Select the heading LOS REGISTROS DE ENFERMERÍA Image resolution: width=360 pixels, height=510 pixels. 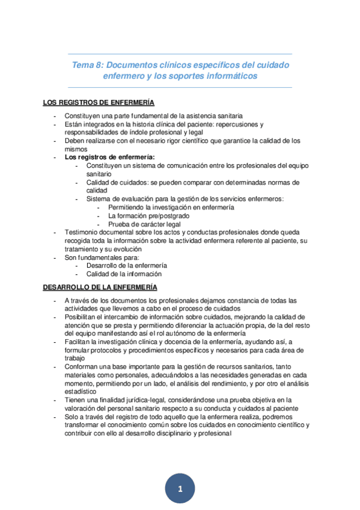(x=99, y=102)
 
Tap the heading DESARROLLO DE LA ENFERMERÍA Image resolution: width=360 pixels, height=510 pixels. (x=100, y=287)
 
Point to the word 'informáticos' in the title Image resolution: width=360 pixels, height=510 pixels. (x=230, y=76)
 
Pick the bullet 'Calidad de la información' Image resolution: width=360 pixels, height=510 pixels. (x=124, y=274)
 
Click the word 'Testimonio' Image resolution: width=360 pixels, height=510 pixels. (x=82, y=232)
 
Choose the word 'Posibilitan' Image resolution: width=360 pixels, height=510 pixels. (x=82, y=316)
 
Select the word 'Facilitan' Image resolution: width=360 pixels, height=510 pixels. (x=78, y=341)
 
